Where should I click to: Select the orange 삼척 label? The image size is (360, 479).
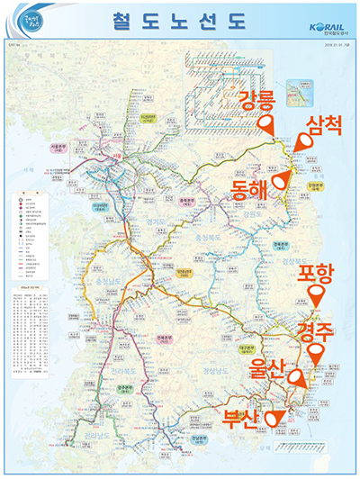tap(323, 126)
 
